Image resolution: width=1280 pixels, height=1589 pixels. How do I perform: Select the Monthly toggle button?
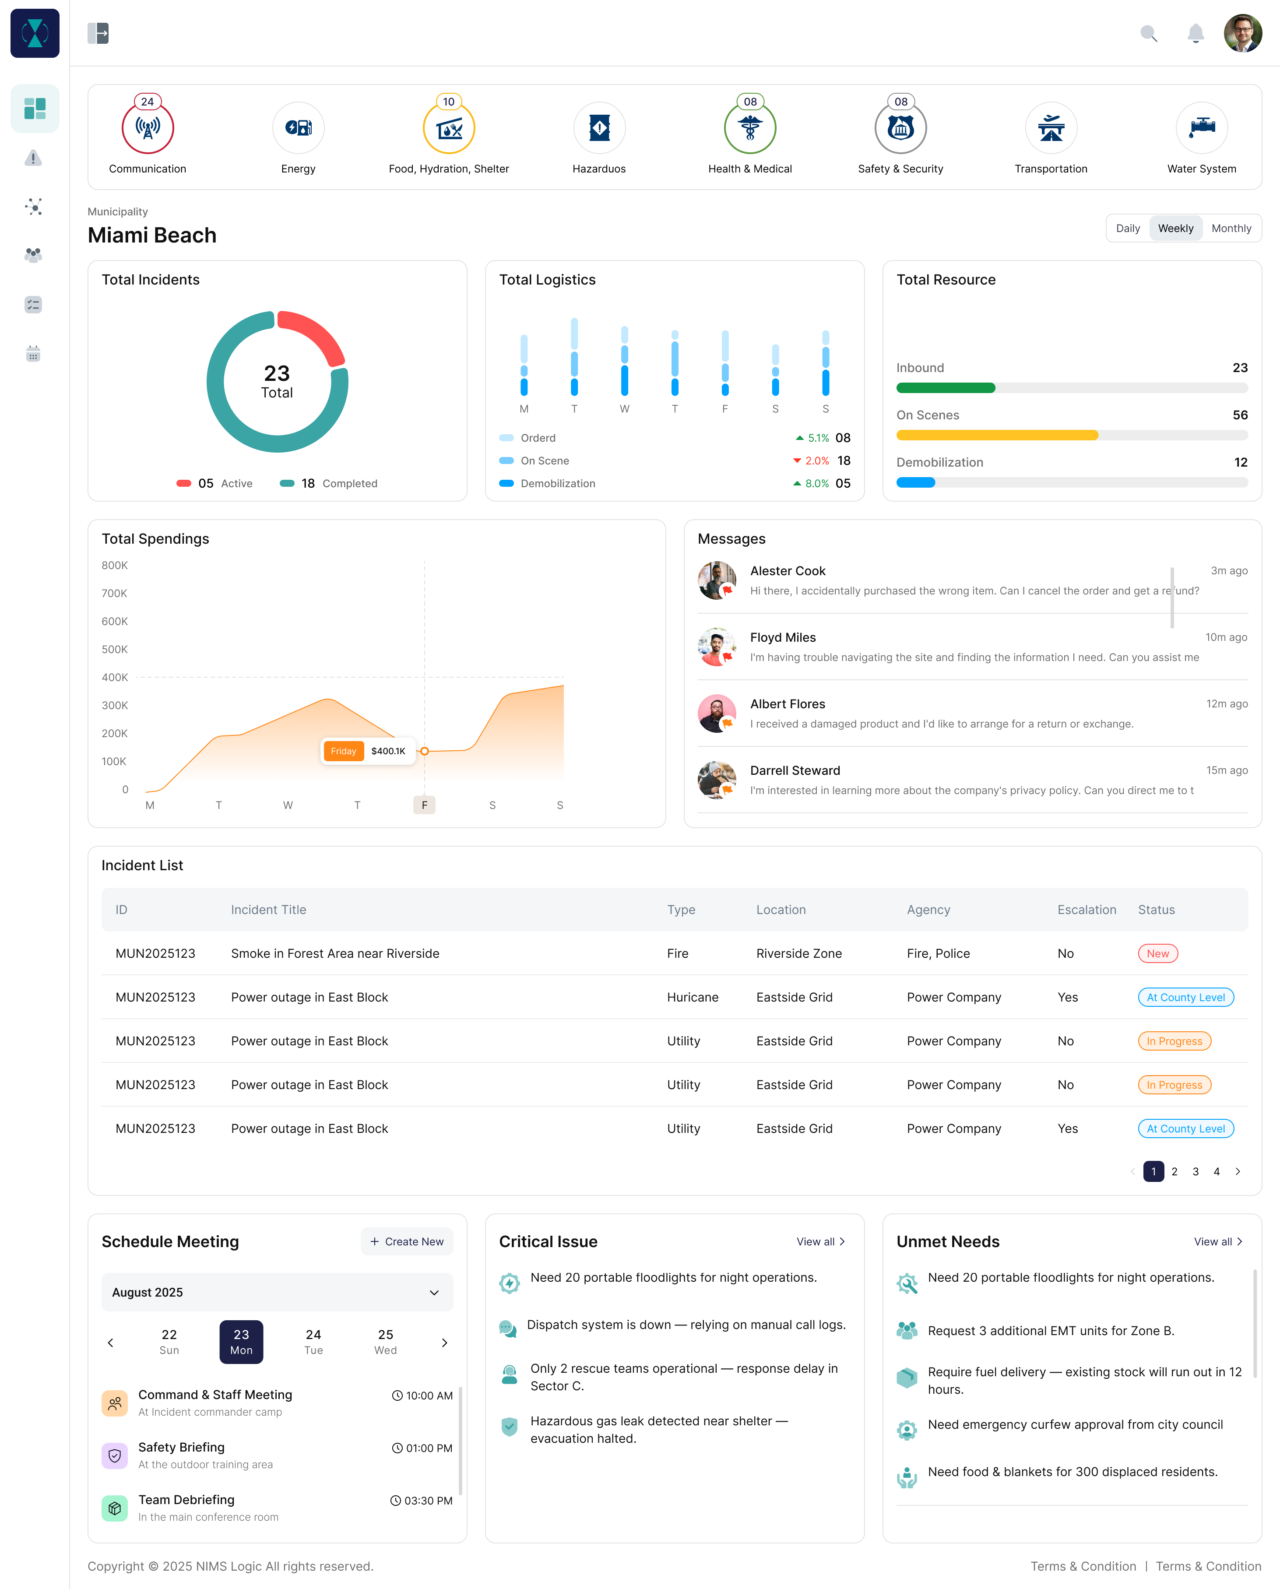point(1231,229)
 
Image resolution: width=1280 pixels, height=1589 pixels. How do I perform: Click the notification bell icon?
point(1195,34)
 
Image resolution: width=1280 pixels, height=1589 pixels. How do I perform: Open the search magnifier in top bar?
point(1148,34)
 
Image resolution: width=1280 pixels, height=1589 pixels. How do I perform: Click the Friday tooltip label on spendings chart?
point(344,751)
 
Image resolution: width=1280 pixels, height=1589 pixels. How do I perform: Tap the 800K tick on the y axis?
point(115,566)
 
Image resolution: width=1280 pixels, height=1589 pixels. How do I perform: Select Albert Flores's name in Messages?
point(788,704)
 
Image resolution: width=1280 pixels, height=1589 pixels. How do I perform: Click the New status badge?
point(1157,953)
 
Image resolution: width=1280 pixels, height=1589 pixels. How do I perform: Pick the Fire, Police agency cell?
point(938,953)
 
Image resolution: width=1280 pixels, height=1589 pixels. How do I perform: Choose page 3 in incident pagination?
point(1195,1172)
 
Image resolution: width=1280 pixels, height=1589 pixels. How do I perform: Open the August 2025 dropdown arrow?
point(434,1293)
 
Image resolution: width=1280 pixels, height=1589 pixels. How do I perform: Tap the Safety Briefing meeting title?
point(181,1448)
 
